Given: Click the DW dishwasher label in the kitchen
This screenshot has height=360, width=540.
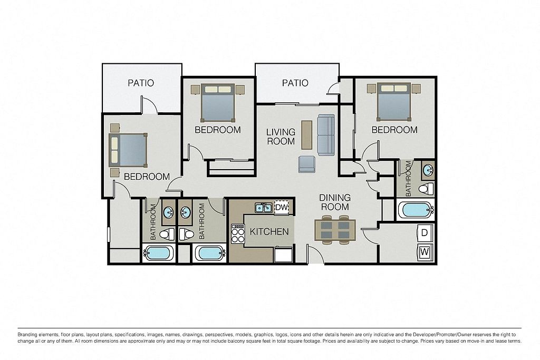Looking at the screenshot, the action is (282, 208).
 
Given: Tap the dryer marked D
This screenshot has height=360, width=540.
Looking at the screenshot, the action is (425, 232).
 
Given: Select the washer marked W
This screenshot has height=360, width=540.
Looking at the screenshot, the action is (425, 252).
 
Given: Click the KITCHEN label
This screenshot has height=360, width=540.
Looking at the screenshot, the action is (269, 231).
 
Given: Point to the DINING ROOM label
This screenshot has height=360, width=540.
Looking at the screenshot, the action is (335, 202).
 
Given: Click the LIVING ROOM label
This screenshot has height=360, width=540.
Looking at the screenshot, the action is (281, 137).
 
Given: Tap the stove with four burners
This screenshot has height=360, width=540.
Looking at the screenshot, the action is (237, 233).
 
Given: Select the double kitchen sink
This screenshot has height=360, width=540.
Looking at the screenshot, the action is (264, 208).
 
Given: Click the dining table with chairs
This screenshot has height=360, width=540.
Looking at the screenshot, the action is (335, 230).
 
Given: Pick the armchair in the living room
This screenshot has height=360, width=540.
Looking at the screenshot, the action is (306, 164).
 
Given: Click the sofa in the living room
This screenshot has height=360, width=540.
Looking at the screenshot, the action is (326, 134).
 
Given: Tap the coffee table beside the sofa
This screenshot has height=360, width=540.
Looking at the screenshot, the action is (306, 134).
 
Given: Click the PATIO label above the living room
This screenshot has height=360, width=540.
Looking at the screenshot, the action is (295, 83).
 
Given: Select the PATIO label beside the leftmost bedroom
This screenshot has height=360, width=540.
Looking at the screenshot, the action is (141, 83).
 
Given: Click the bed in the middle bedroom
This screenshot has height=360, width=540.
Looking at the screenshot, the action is (218, 102).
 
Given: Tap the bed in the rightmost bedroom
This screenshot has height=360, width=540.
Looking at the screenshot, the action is (394, 102).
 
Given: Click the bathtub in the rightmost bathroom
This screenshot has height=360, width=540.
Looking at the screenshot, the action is (415, 210).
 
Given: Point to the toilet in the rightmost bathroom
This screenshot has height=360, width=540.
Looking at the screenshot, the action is (427, 188).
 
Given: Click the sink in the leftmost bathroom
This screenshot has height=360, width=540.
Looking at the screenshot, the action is (168, 212).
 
